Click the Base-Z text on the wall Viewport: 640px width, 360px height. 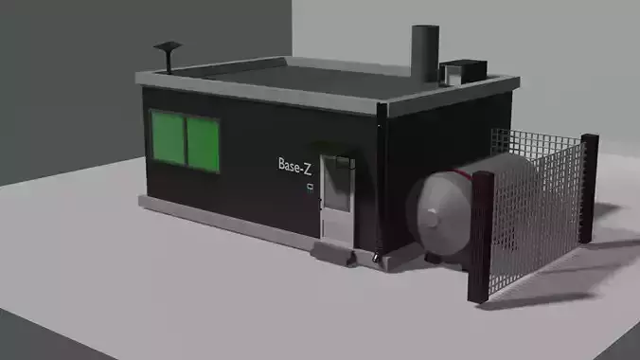(294, 165)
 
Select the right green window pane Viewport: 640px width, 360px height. (203, 144)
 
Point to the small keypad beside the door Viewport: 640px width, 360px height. (310, 188)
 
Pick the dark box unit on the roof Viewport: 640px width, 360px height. (463, 70)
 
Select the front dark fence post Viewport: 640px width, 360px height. (481, 237)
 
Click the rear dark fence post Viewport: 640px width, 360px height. (589, 188)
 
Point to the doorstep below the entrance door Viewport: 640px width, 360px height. (336, 252)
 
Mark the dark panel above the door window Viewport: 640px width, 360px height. (337, 162)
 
